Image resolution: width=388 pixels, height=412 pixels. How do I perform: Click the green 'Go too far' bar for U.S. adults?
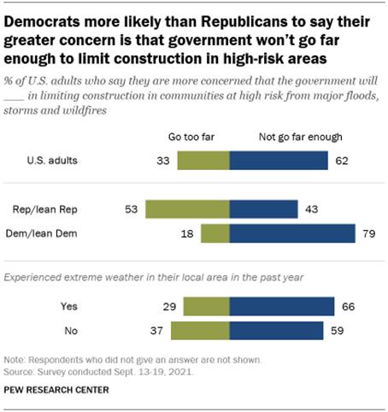point(203,161)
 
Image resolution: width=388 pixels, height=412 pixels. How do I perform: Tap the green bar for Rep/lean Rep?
point(188,209)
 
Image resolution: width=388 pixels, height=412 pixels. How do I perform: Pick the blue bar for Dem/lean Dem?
point(292,233)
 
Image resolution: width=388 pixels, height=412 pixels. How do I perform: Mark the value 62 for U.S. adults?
point(341,161)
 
